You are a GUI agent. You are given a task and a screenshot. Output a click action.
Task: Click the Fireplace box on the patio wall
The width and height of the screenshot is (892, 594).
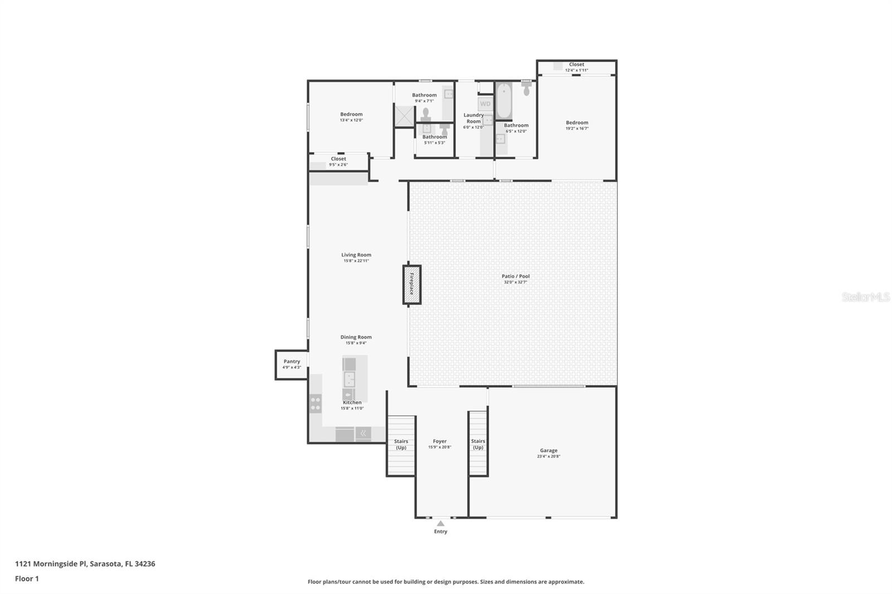pos(412,285)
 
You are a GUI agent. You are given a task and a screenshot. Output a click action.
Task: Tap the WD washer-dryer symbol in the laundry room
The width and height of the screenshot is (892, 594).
pos(486,104)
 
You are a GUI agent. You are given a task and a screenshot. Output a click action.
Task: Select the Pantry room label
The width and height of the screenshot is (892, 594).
pos(292,362)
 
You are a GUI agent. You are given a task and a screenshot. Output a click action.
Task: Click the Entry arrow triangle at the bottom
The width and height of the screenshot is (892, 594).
pos(440,523)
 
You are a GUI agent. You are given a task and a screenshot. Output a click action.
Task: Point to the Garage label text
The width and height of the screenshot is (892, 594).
pos(549,450)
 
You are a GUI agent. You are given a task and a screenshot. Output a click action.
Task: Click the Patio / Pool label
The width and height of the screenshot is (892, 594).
pos(515,276)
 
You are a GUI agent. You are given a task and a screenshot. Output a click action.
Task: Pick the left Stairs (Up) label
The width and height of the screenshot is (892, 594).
pos(401,444)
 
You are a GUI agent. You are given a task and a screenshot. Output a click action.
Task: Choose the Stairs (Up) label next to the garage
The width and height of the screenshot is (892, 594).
pos(478,444)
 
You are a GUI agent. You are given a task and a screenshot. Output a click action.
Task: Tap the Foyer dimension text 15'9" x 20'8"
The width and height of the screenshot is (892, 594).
pos(439,447)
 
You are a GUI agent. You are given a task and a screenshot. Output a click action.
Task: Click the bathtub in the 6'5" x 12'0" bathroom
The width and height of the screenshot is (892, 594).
pos(503,101)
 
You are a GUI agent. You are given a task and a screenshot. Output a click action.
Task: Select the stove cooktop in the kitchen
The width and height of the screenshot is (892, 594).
pos(316,403)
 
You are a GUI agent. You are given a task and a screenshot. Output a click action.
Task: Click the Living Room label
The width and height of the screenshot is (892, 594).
pos(356,255)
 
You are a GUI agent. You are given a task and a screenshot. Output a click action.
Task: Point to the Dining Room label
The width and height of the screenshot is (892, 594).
pos(356,337)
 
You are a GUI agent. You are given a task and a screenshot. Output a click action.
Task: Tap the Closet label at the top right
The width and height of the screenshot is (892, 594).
pos(576,65)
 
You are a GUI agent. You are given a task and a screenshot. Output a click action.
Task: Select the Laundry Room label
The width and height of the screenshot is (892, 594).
pos(473,118)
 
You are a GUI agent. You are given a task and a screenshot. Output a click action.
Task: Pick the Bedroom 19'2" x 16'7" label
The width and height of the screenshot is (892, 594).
pos(577,125)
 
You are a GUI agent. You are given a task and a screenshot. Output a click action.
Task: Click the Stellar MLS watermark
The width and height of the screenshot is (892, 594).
pos(865,298)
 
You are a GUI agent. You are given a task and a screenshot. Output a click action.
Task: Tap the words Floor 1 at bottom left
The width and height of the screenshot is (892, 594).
pos(27,578)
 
